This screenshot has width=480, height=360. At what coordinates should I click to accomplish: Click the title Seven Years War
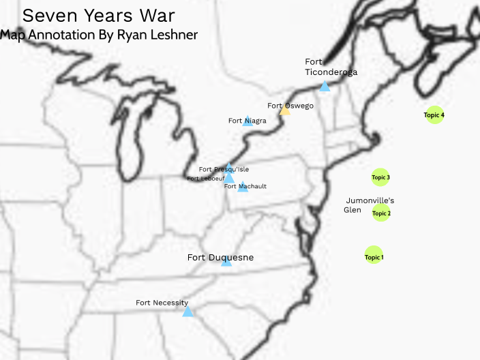tap(99, 15)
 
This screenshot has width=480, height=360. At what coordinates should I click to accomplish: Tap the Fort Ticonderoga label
tap(331, 67)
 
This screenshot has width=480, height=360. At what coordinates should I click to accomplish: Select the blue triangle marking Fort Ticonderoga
tap(325, 87)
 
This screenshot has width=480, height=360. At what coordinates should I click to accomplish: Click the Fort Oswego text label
tap(290, 106)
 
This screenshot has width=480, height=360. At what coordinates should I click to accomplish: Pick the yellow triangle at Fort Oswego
tap(284, 110)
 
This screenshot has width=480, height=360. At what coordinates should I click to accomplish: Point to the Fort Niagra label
tap(247, 121)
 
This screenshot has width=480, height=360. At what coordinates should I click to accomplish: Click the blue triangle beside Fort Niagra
tap(247, 122)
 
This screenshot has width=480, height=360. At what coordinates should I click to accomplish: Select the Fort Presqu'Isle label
tap(224, 169)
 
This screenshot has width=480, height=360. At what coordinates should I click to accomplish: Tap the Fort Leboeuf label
tap(205, 179)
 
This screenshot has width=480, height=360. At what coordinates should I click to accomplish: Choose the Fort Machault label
tap(245, 185)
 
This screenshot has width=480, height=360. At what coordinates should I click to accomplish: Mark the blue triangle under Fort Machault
tap(243, 187)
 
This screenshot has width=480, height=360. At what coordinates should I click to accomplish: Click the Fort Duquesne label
tap(220, 258)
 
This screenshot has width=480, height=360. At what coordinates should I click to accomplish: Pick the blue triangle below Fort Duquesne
tap(226, 262)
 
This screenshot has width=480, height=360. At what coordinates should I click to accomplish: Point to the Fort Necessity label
tap(162, 303)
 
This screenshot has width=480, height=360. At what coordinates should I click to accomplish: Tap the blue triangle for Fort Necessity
tap(187, 312)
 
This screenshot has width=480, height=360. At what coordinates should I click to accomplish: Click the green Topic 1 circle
tap(374, 256)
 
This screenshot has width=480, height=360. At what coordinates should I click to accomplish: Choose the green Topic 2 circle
tap(381, 213)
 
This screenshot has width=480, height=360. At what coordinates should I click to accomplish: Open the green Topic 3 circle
tap(380, 177)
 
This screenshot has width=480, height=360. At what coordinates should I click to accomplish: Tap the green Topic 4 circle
tap(434, 115)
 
